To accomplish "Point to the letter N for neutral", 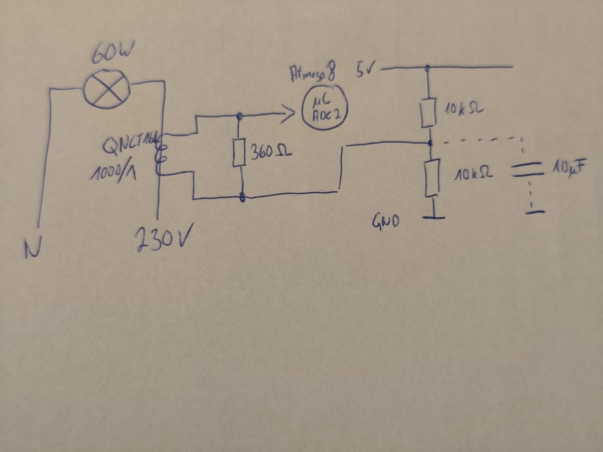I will (33, 249).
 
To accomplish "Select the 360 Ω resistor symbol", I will (239, 153).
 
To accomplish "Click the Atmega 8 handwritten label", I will (312, 74).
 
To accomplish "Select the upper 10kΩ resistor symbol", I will (429, 114).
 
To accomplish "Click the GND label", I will (385, 221).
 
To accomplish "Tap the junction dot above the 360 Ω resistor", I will (239, 116).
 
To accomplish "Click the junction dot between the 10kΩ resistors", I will (430, 144).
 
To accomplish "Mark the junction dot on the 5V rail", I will (427, 67).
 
